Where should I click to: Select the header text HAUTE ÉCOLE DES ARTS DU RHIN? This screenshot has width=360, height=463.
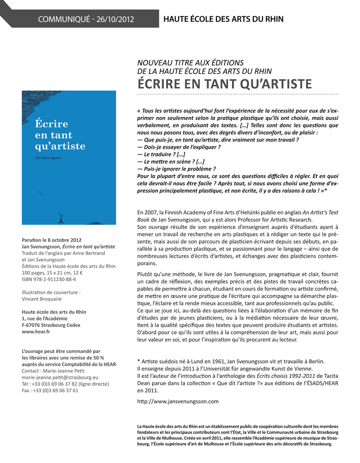tap(223, 19)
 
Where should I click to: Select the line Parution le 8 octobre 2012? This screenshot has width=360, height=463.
tap(52, 240)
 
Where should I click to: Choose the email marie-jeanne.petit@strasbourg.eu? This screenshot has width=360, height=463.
tap(60, 377)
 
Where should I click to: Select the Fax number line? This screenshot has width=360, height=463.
tap(50, 390)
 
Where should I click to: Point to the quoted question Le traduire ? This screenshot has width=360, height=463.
tap(160, 154)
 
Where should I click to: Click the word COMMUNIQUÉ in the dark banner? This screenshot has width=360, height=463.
tap(64, 19)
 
